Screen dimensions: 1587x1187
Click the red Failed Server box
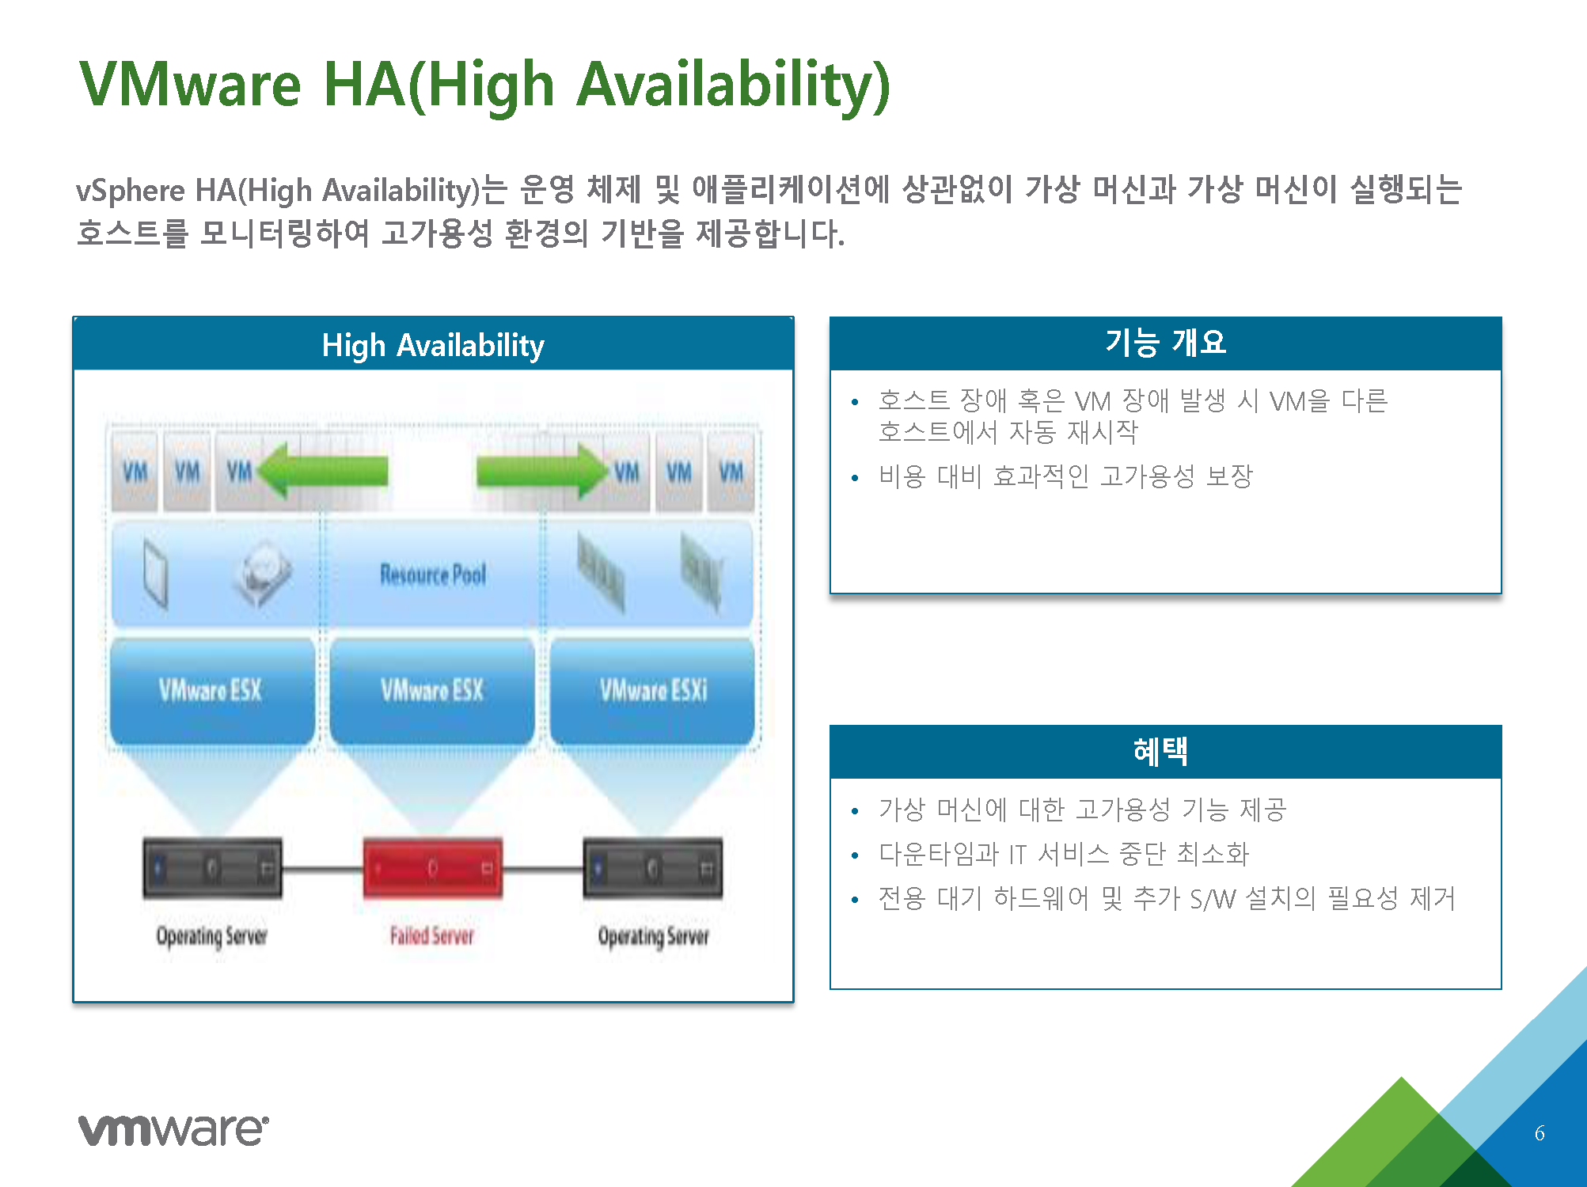coord(432,868)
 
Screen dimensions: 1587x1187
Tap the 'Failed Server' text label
coord(432,936)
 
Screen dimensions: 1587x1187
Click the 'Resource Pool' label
coord(433,575)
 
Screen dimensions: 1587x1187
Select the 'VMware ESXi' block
coord(653,691)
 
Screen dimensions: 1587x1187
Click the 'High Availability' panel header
coord(433,344)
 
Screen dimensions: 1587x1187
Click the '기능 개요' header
coord(1165,343)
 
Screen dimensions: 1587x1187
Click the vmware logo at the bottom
coord(173,1129)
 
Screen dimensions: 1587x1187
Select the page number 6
coord(1540,1133)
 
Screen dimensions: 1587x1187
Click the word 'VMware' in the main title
coord(191,84)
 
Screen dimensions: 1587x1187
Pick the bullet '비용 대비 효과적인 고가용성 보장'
coord(1065,476)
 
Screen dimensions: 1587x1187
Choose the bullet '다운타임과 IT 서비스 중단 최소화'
coord(1064,854)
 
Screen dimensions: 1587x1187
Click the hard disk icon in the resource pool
coord(262,574)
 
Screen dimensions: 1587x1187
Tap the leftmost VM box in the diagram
coord(135,472)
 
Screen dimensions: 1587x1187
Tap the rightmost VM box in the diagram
coord(731,472)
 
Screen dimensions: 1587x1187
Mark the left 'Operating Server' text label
coord(211,937)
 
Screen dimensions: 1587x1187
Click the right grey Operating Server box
coord(653,868)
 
